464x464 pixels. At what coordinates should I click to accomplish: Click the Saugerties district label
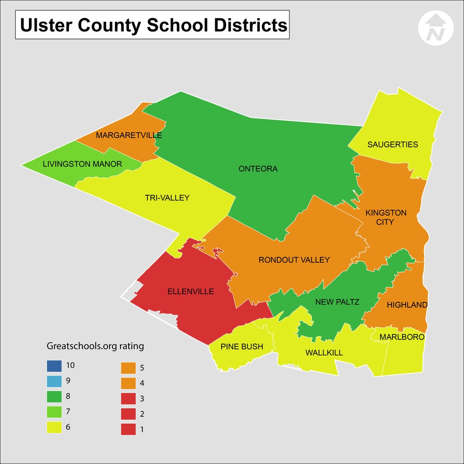coord(392,145)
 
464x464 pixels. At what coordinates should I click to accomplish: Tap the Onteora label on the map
coord(258,169)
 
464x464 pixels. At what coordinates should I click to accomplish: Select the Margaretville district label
coord(129,135)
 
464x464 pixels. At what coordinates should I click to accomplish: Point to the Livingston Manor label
coord(82,164)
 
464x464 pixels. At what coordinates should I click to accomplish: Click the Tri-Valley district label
coord(167,198)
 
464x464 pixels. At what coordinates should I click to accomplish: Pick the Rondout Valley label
coord(294,260)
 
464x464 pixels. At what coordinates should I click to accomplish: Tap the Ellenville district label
coord(190,292)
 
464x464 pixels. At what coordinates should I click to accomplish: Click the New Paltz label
coord(337,302)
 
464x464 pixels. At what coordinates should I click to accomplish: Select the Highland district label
coord(407,305)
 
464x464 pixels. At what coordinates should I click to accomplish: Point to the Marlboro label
coord(401,337)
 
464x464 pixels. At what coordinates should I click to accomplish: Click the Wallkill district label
coord(324,353)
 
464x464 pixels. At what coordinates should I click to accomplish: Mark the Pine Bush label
coord(242,347)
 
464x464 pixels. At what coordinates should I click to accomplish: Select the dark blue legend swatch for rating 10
coord(53,365)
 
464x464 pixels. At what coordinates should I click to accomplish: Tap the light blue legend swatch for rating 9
coord(53,381)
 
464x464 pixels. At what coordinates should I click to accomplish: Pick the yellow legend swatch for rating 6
coord(53,427)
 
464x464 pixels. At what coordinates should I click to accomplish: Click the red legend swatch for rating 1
coord(128,429)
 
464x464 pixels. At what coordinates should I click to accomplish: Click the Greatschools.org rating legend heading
coord(95,346)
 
